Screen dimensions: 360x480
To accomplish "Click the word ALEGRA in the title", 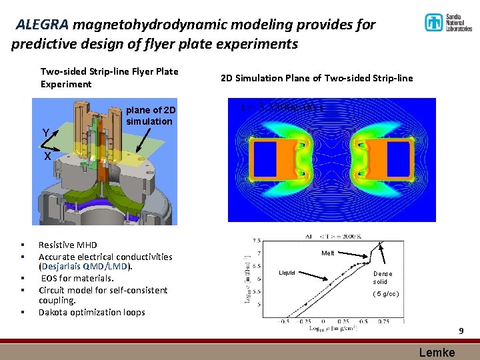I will click(42, 25).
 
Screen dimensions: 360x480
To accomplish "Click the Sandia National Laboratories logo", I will click(447, 23).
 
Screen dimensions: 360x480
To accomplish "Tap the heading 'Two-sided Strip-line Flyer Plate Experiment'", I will click(109, 77).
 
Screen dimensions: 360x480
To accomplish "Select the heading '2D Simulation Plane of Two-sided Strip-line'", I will click(317, 78).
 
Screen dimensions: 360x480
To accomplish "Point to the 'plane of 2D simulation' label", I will click(150, 115).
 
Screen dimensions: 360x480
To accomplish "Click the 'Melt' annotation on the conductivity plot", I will click(327, 253).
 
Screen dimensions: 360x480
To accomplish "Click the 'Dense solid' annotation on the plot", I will click(383, 277).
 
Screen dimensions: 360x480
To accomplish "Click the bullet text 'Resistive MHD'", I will click(67, 245).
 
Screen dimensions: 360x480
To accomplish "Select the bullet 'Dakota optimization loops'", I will click(91, 312).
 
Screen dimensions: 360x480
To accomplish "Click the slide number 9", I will click(460, 331).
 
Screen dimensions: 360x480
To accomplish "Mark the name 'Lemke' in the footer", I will click(437, 353).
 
